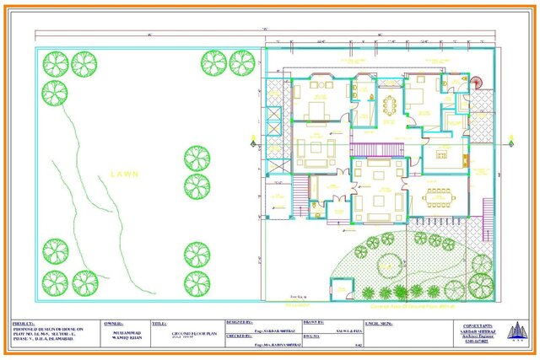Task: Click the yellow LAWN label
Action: tap(123, 174)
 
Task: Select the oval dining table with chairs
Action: tap(390, 105)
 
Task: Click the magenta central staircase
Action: tap(371, 150)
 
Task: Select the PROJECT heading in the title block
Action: tap(23, 323)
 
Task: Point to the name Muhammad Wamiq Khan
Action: tap(122, 335)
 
